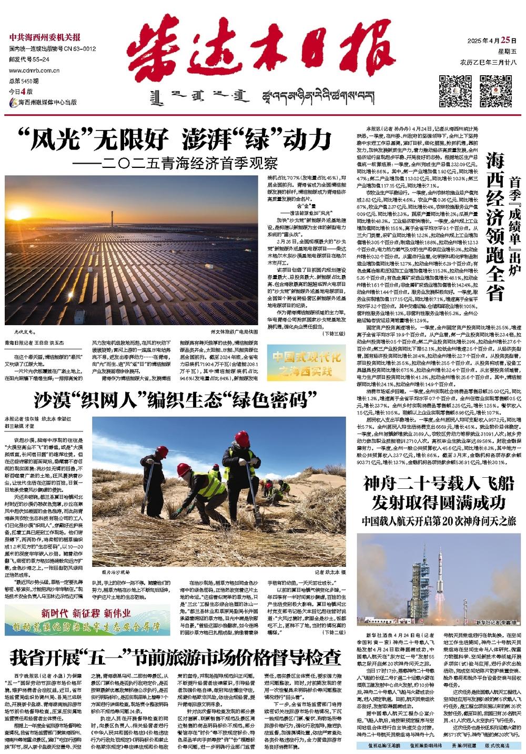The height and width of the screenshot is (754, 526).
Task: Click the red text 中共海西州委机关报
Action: coord(45,37)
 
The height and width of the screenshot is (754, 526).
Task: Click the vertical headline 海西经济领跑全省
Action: coord(494,226)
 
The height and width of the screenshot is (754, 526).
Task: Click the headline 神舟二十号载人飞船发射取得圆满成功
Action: coord(438,492)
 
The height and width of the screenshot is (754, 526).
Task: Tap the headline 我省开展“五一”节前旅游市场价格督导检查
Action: coord(175,657)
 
